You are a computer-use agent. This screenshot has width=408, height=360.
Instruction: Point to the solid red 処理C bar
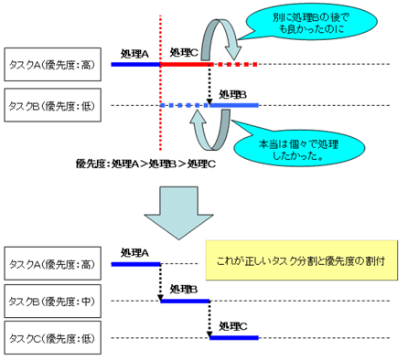187,64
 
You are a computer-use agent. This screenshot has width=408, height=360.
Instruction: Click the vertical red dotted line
161,91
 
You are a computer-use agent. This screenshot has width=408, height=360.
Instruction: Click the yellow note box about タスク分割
300,260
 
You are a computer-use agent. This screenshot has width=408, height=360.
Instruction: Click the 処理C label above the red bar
186,54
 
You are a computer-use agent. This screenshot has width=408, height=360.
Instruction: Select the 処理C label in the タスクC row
233,327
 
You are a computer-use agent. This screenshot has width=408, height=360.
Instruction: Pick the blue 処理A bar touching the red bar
135,64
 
